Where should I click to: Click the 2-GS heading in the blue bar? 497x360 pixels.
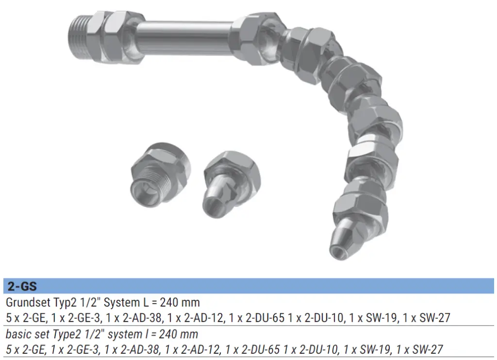22,287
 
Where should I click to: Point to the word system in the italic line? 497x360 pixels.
123,334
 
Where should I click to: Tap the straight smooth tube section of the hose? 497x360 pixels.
185,38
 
